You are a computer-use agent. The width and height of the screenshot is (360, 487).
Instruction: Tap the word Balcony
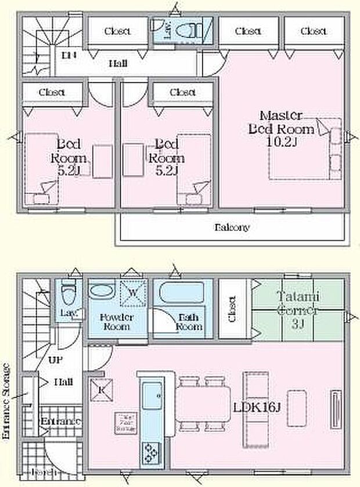pos(233,228)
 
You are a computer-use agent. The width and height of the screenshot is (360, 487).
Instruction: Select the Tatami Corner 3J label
pos(297,309)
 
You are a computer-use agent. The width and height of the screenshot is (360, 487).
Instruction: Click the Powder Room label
pos(117,322)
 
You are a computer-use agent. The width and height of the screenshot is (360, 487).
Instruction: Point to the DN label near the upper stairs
pos(69,55)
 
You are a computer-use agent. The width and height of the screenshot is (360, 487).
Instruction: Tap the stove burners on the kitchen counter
pos(152,450)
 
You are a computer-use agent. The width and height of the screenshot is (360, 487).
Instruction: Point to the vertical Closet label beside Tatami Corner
pos(231,309)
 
